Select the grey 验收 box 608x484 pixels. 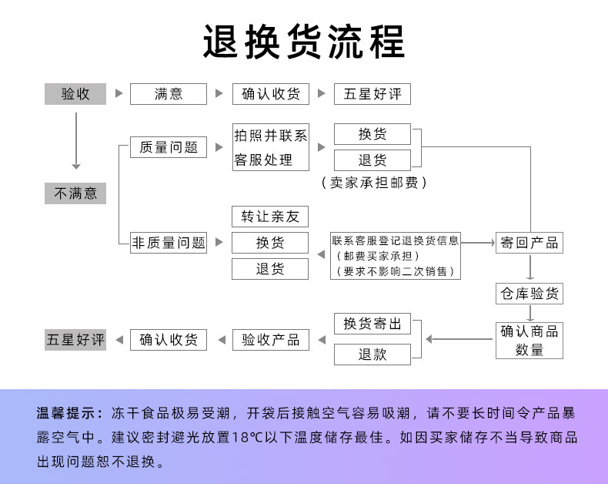coord(75,94)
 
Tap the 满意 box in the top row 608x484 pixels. coord(169,94)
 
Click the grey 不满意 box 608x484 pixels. coord(75,193)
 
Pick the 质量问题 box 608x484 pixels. coord(169,147)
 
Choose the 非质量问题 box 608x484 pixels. coord(169,242)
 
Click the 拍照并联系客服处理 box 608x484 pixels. coord(271,147)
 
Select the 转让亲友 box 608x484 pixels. coord(270,217)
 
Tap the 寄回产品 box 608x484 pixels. coord(529,242)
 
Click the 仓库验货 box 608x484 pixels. coord(529,294)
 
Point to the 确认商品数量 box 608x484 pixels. coord(529,340)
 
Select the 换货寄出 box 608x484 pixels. coord(372,324)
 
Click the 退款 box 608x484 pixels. coord(372,355)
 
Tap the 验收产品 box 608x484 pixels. coord(270,340)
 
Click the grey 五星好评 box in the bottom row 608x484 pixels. coord(75,340)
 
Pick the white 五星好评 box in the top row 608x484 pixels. coord(372,94)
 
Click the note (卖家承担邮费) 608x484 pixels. coord(372,183)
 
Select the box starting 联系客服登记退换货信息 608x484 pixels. coord(396,256)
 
